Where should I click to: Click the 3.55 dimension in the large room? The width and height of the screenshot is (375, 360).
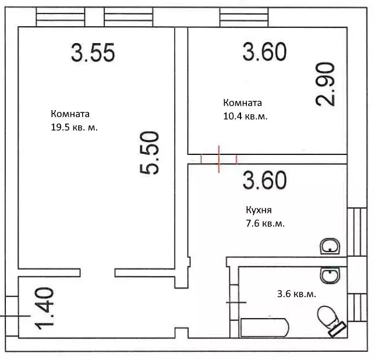93,52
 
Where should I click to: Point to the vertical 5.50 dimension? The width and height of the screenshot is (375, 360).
149,153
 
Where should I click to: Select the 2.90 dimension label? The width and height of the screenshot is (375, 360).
325,84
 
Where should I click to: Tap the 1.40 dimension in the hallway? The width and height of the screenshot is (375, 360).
44,308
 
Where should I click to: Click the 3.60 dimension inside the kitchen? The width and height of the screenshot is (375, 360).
264,180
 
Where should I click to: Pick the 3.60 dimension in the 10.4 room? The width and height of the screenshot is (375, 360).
264,52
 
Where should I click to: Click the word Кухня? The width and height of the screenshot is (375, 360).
259,210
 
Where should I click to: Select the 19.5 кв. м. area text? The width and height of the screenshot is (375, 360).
74,128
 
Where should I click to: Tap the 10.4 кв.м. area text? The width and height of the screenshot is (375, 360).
245,117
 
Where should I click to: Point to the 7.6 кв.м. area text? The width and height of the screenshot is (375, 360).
265,224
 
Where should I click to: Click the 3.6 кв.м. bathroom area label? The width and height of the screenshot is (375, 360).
296,294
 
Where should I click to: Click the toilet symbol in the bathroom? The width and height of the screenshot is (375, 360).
331,321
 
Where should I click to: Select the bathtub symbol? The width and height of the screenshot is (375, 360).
265,327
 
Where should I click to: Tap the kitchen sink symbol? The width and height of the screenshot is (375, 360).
330,246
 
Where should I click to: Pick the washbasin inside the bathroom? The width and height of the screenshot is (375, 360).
330,275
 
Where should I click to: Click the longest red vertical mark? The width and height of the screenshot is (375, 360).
219,159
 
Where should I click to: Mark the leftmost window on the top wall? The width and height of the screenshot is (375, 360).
61,17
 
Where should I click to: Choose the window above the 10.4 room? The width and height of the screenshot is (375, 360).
244,17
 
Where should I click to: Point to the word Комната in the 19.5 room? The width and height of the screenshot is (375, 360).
70,114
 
